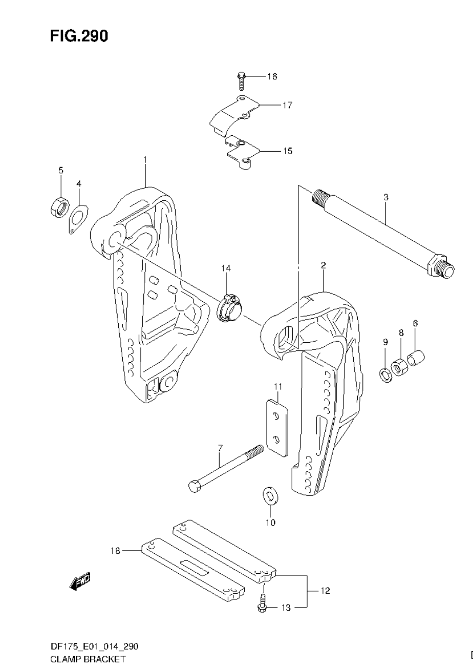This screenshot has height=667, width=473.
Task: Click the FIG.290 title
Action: (x=79, y=36)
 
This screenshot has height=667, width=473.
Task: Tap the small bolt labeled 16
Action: (x=242, y=80)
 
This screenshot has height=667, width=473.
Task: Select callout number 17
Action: (x=287, y=105)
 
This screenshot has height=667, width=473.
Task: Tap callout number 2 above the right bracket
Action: (x=324, y=265)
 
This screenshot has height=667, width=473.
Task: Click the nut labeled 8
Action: (x=400, y=366)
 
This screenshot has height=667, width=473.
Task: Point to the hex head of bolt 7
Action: (x=194, y=486)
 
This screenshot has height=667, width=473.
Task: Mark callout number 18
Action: (x=115, y=551)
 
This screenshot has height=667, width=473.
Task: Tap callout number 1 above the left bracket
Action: (x=145, y=160)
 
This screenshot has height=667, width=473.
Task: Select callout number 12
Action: (x=326, y=591)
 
